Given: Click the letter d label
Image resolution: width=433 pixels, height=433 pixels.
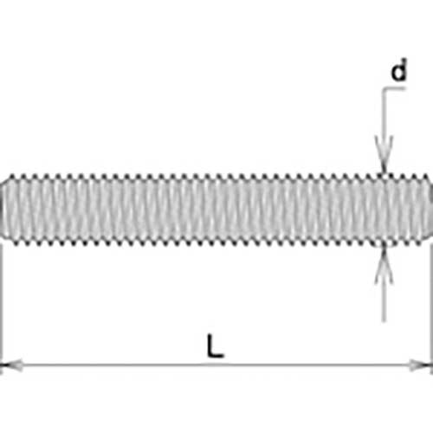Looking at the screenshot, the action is (399, 70).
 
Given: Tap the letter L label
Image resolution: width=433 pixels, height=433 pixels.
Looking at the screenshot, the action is (216, 346).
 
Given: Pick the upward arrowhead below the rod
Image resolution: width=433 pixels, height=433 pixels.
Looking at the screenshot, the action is (384, 266).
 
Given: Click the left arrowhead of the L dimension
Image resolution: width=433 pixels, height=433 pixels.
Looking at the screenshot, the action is (11, 365).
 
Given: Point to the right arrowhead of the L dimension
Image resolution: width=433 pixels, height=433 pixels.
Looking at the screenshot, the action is (421, 365).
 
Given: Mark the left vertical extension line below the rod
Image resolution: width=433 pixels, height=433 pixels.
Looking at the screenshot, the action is (2, 309).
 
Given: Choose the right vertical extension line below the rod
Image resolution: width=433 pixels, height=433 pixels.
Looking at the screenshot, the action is (431, 309).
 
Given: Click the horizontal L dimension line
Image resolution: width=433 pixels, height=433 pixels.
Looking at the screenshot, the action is (216, 365).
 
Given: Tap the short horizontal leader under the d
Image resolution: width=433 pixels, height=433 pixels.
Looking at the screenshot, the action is (394, 88).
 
